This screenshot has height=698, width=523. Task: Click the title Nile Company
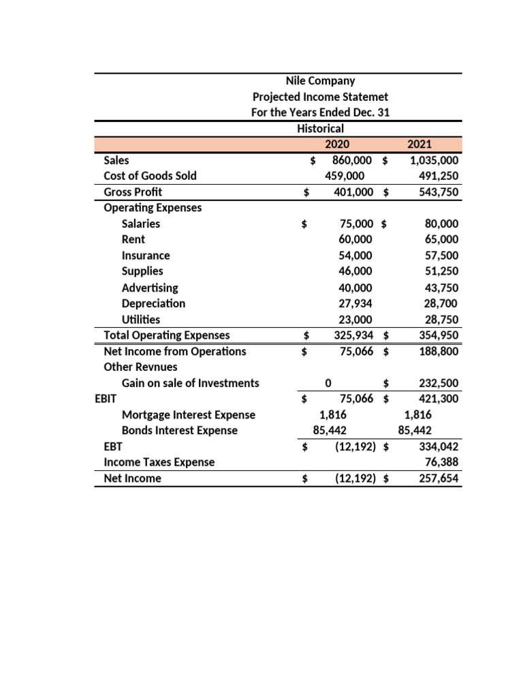click(320, 81)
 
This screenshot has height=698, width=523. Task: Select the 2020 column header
click(336, 145)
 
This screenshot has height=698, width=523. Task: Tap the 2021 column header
click(423, 145)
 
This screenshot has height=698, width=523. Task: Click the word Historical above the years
click(320, 128)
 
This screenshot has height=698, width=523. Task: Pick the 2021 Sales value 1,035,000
click(434, 160)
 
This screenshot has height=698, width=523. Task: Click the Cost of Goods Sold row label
click(150, 176)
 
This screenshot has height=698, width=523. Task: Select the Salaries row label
click(141, 224)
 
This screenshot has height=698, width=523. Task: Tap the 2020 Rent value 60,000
click(355, 239)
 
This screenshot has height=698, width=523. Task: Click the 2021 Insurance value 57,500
click(441, 256)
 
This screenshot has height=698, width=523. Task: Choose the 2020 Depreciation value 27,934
click(355, 303)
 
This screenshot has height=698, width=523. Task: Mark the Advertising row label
click(150, 288)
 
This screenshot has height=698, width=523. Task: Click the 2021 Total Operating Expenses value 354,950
click(438, 335)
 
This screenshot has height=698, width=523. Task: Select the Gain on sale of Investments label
click(190, 383)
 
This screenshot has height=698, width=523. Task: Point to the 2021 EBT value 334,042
click(438, 446)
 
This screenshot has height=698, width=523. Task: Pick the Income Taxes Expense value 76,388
click(441, 462)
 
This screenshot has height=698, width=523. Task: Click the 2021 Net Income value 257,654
click(438, 479)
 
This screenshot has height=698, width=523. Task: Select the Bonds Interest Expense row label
click(180, 431)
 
